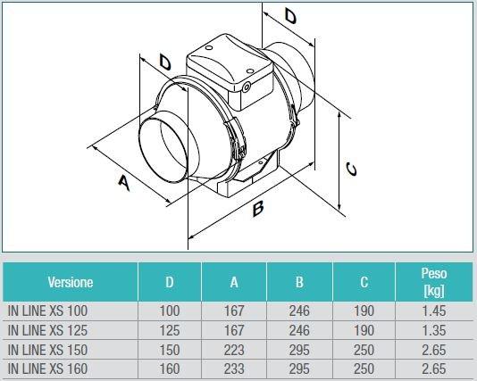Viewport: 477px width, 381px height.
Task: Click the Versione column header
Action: click(70, 283)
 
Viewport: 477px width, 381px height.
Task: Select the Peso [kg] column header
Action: click(433, 282)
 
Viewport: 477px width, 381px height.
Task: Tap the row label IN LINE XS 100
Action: click(48, 311)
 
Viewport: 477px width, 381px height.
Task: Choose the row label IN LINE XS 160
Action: click(48, 369)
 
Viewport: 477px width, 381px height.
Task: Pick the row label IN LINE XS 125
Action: click(48, 330)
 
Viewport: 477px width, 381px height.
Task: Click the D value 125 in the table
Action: click(170, 330)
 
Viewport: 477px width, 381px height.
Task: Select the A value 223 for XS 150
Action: click(234, 350)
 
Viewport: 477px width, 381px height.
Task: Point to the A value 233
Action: click(234, 369)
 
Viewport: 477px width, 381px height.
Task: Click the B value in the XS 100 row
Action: click(299, 311)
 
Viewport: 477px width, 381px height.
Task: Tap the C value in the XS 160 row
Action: click(364, 369)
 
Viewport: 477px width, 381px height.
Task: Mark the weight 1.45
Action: click(433, 311)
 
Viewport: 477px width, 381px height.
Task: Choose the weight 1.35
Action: click(433, 330)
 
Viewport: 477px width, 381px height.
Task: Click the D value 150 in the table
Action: click(170, 350)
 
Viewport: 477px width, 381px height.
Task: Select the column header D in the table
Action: click(170, 283)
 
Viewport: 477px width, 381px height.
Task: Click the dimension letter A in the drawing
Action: click(124, 183)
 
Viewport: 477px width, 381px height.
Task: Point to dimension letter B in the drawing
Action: click(257, 209)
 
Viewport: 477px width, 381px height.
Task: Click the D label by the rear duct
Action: click(290, 16)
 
